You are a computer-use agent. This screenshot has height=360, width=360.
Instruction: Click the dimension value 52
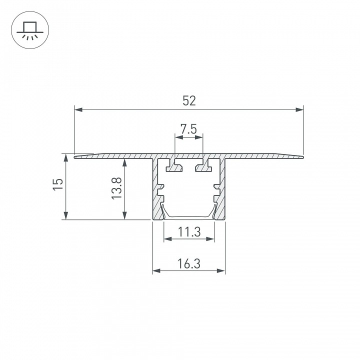point(189,101)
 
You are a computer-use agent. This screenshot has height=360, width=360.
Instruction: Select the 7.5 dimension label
point(188,129)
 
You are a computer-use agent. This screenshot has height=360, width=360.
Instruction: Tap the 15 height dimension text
point(58,184)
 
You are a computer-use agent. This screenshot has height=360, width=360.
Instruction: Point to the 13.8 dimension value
point(116,188)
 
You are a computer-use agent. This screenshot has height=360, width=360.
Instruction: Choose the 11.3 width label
point(189,232)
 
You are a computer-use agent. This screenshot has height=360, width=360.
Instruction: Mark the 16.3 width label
point(189,263)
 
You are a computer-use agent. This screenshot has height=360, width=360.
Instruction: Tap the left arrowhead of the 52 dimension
point(78,109)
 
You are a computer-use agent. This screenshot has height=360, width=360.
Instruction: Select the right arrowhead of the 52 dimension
point(299,109)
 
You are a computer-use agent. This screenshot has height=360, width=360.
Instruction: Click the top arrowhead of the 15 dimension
point(66,158)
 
